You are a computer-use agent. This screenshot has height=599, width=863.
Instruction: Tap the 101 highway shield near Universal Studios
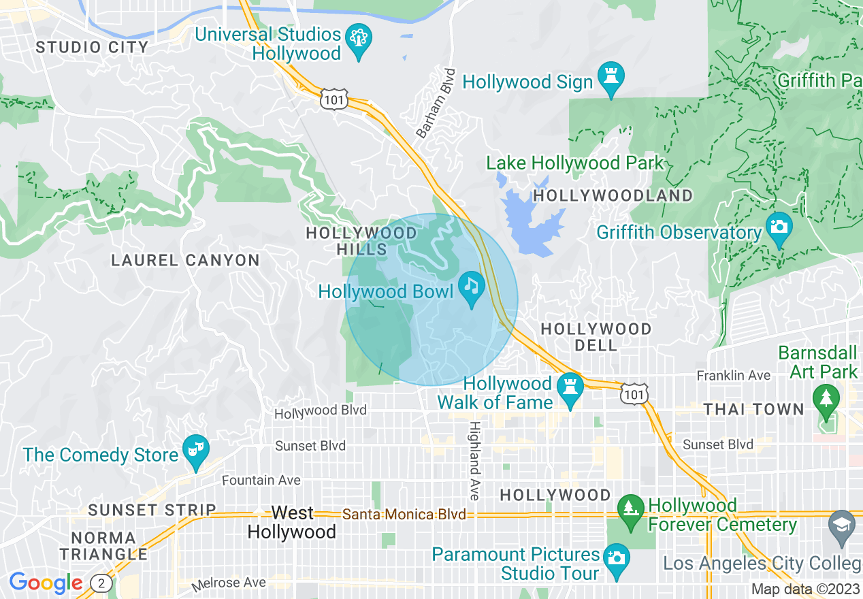pyautogui.click(x=335, y=101)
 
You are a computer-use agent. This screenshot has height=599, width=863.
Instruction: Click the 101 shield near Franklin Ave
pyautogui.click(x=634, y=393)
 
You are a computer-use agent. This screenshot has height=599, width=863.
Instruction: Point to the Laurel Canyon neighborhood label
pyautogui.click(x=185, y=260)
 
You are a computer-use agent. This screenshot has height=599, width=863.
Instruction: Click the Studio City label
pyautogui.click(x=92, y=47)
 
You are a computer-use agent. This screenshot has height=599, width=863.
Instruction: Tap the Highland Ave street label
pyautogui.click(x=474, y=459)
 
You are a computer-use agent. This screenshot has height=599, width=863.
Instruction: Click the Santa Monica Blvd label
pyautogui.click(x=404, y=514)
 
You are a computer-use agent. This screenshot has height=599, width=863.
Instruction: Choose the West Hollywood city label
pyautogui.click(x=292, y=522)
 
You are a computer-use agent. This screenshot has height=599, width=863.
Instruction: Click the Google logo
pyautogui.click(x=46, y=583)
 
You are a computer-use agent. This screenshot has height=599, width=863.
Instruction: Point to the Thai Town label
pyautogui.click(x=754, y=409)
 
